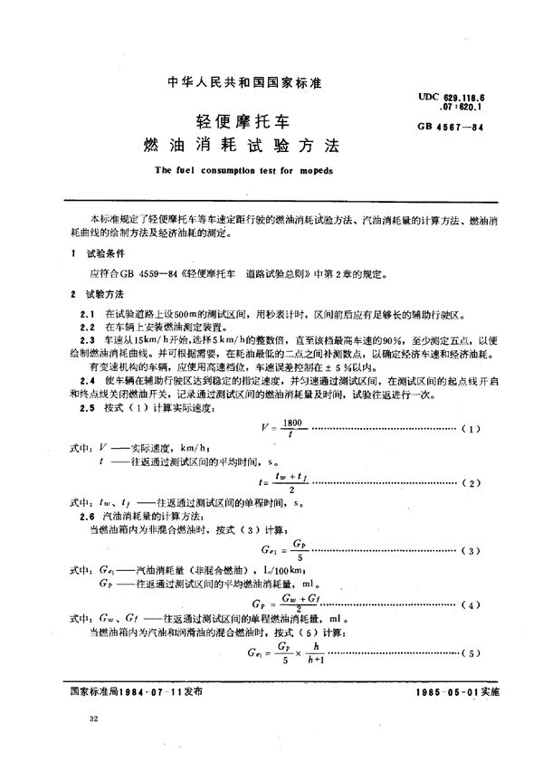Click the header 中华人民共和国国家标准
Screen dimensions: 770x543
(245, 81)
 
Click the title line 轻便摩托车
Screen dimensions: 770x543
(245, 120)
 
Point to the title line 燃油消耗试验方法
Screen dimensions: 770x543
(245, 145)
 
